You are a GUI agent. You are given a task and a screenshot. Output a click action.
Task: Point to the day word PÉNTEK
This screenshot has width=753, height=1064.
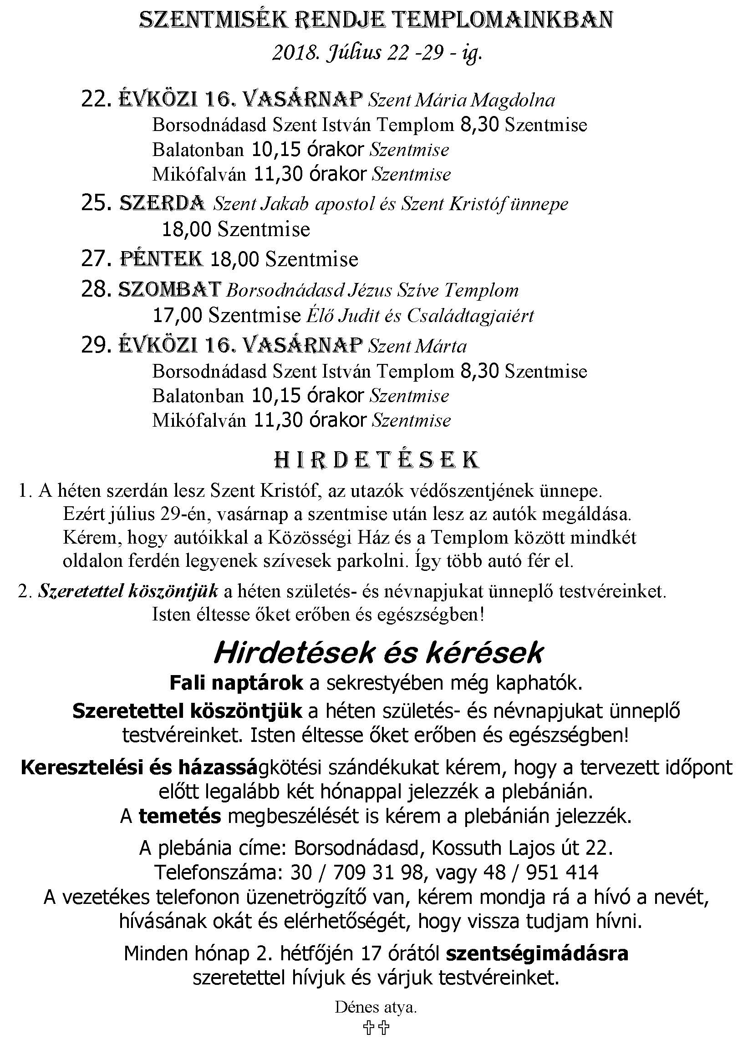161,258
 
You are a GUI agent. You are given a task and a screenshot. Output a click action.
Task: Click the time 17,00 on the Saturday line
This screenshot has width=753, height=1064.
178,316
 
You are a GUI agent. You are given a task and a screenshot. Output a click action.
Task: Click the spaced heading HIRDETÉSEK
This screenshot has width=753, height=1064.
376,460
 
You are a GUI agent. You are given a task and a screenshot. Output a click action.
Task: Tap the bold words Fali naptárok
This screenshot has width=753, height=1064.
236,683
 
